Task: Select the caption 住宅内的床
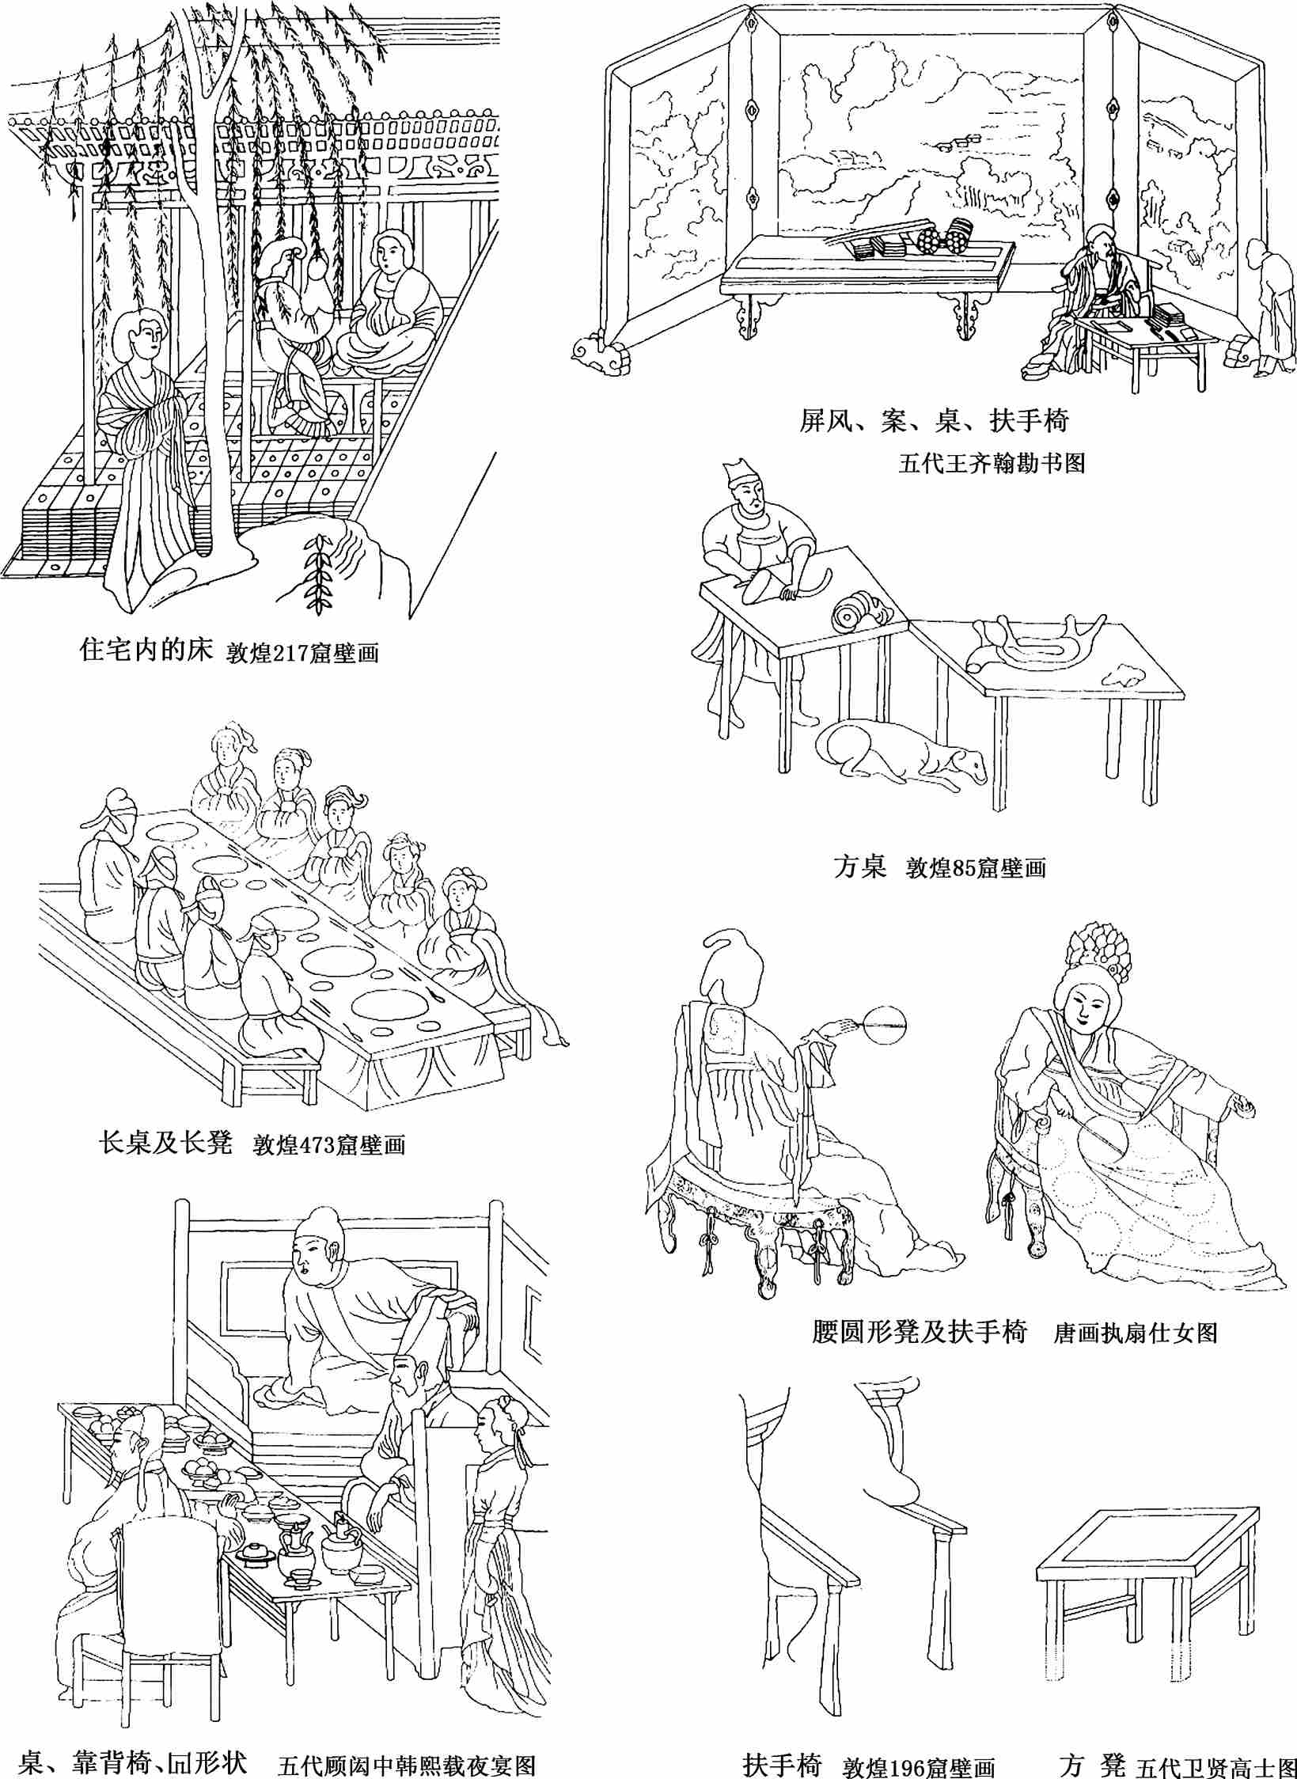pos(147,652)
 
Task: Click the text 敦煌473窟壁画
pos(328,1145)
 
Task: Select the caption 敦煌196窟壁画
pos(918,1766)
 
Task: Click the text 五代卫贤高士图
pos(1215,1766)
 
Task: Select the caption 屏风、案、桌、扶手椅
pos(934,422)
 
